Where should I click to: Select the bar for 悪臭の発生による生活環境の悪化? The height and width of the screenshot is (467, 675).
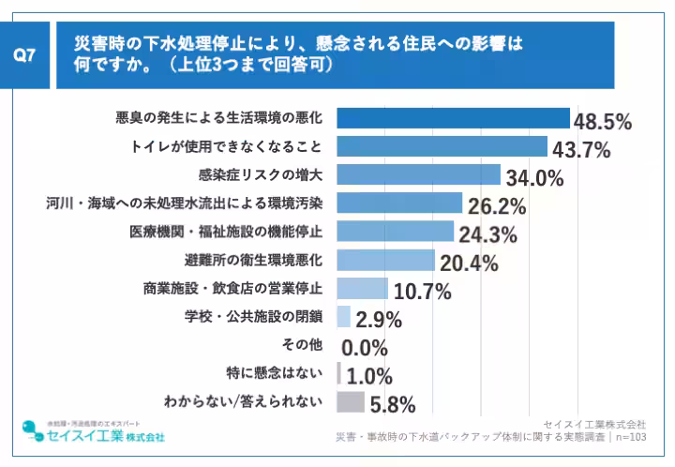(x=453, y=118)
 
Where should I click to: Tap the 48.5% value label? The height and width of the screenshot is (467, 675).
(x=602, y=122)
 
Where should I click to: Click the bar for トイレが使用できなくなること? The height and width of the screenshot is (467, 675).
(x=442, y=146)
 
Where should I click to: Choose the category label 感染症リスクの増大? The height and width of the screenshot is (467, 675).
(x=261, y=174)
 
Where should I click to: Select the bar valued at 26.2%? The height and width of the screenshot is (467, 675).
(x=399, y=203)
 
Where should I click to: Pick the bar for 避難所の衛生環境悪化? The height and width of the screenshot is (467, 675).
(x=385, y=260)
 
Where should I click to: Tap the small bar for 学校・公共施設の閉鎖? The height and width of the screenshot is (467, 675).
(x=343, y=316)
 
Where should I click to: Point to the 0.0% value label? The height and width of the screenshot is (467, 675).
(x=365, y=348)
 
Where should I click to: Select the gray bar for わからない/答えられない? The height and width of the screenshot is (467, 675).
(x=350, y=401)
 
